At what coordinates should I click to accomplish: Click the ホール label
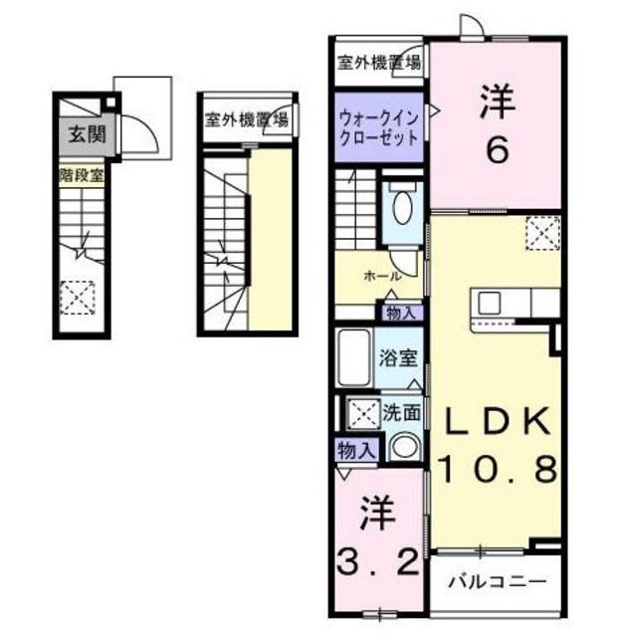pos(383,276)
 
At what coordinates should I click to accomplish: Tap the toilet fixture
pos(402,208)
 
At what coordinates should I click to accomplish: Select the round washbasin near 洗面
pos(404,447)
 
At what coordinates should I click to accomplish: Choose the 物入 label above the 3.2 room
pos(355,449)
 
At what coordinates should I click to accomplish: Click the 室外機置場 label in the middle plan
pos(247,120)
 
